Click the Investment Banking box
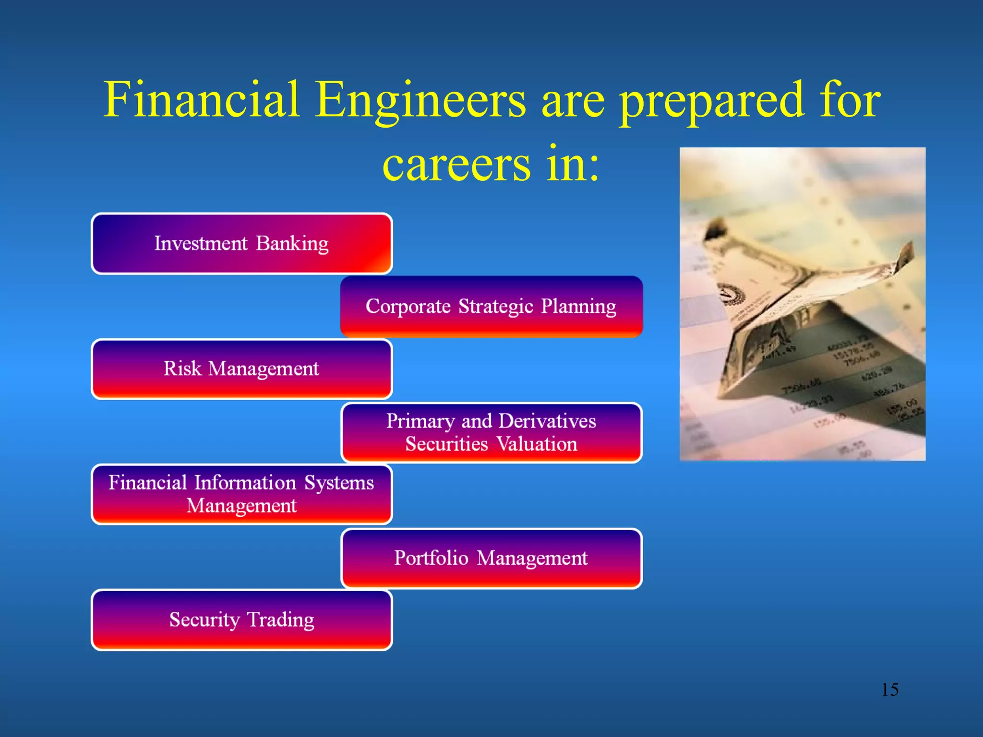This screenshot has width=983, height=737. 241,244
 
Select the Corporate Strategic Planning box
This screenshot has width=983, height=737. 491,307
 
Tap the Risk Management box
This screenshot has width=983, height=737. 241,369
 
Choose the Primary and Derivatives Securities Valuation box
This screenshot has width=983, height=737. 491,432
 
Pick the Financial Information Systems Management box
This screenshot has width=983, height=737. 241,494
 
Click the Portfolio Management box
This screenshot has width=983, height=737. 491,558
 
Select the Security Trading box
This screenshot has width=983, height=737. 241,620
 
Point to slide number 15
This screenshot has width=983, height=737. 889,689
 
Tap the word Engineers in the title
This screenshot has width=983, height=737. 420,101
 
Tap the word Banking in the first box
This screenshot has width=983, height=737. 292,244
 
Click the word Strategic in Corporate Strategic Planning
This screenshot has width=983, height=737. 495,307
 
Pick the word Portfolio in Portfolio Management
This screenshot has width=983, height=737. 431,558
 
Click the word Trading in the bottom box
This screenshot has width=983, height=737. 280,620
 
